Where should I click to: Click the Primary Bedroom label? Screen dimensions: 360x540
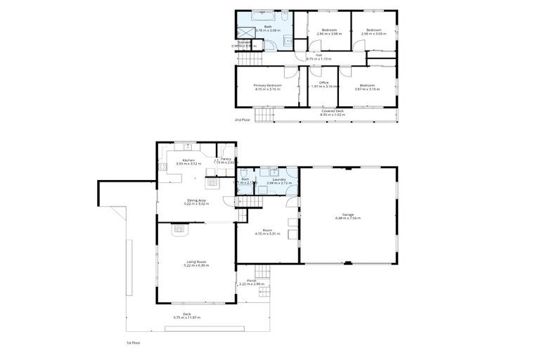pos(266,86)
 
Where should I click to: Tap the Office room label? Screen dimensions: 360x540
pos(324,86)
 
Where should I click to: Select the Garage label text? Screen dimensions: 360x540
pos(347,216)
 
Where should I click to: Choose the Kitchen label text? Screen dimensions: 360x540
pos(188,162)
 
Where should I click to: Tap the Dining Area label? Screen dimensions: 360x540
pos(195,202)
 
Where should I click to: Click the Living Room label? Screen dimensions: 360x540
pos(197,263)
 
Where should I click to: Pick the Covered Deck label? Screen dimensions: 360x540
pos(333,112)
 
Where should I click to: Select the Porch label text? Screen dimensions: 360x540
pos(251,283)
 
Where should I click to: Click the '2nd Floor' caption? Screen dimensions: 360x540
pos(242,120)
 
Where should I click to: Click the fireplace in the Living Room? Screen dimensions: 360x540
pos(180,228)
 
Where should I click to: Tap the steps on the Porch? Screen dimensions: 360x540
pos(262,272)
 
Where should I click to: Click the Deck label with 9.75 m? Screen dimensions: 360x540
pos(187,316)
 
